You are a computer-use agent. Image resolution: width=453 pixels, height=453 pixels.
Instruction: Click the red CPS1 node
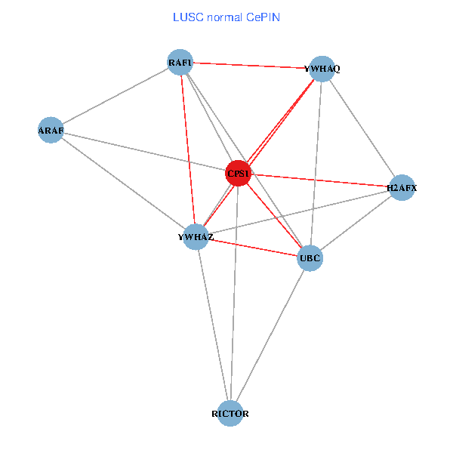[238, 174]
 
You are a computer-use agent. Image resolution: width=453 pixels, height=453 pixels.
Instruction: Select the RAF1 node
[180, 62]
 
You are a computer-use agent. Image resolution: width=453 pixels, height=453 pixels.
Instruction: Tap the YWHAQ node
[322, 69]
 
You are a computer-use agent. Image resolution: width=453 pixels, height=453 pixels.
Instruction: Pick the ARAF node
[51, 131]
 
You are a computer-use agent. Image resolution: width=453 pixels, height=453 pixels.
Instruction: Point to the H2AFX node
[402, 187]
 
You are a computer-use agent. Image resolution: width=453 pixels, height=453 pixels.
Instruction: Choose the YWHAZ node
[196, 237]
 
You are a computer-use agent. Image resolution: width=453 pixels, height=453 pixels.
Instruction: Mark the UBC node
[310, 259]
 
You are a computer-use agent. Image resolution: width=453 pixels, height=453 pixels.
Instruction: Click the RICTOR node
[230, 414]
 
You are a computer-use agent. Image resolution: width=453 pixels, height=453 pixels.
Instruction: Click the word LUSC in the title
[186, 17]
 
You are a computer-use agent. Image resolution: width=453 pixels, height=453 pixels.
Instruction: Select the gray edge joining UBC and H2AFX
[356, 223]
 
